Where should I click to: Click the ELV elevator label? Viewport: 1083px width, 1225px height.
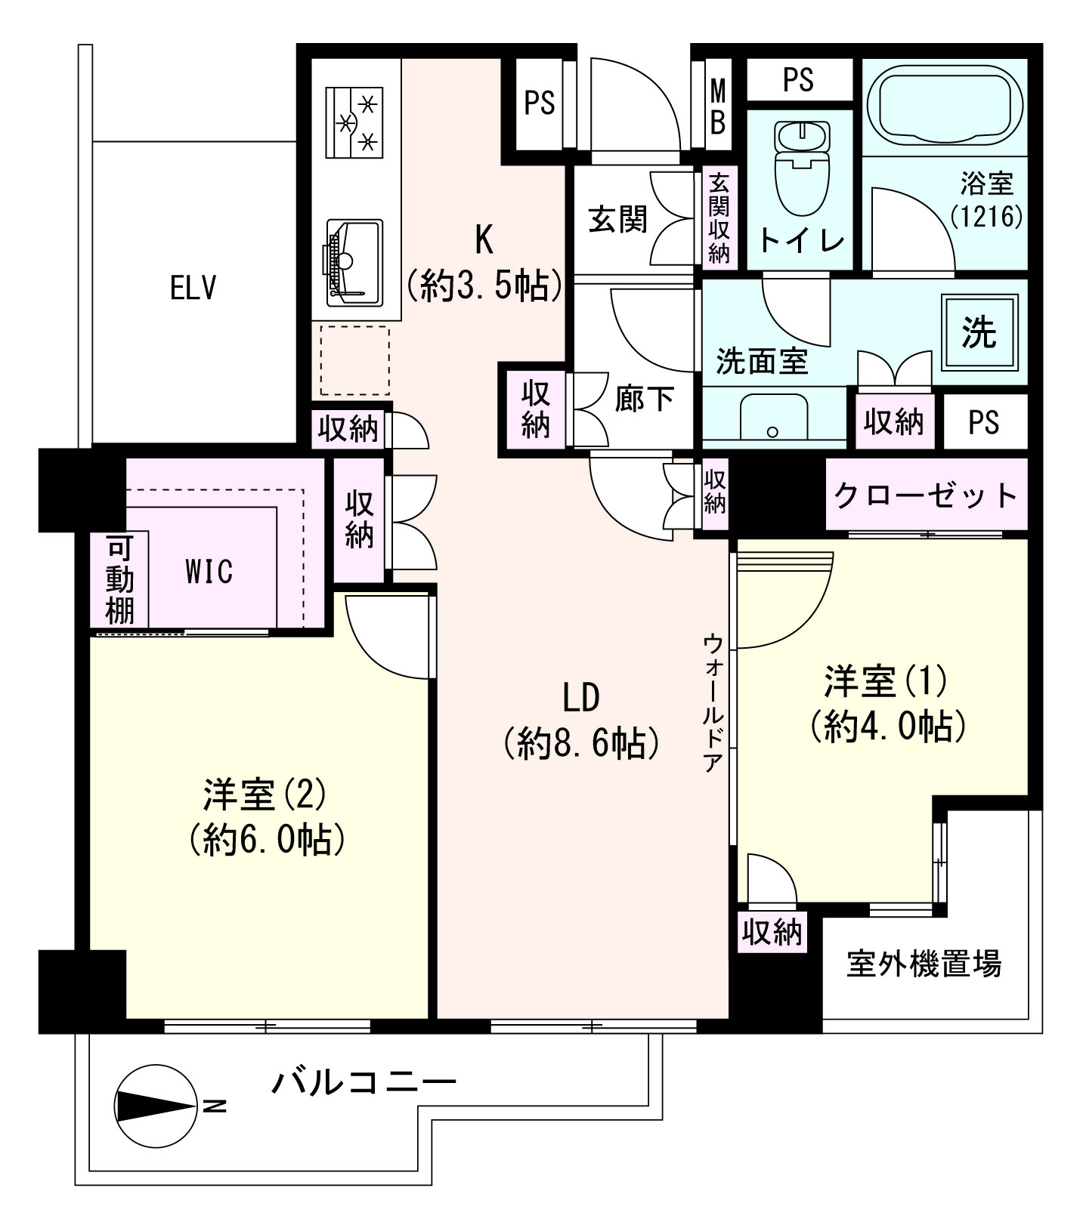pos(193,288)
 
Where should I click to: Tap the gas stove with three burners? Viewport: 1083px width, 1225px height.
pos(355,122)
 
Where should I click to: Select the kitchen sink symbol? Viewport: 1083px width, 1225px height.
pos(354,262)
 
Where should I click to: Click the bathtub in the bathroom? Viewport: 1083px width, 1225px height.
pos(944,107)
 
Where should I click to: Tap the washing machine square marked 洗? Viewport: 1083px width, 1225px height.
pos(979,332)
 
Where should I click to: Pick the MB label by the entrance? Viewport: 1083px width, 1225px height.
pos(717,106)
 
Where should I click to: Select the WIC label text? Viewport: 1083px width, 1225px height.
pos(209,572)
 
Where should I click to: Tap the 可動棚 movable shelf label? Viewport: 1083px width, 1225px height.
pos(119,579)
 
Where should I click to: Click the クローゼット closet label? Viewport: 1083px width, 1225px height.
pos(927,495)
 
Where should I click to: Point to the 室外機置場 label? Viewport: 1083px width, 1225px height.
pos(924,964)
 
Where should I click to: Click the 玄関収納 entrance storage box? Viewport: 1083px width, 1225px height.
pos(718,218)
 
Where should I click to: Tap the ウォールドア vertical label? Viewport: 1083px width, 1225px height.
pos(713,702)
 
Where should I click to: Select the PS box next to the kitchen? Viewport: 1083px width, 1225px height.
pos(540,102)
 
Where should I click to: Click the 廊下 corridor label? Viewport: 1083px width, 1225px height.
pos(644,399)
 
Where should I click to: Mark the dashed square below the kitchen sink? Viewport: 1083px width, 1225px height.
pos(354,361)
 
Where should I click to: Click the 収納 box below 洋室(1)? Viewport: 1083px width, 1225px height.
pos(772,933)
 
